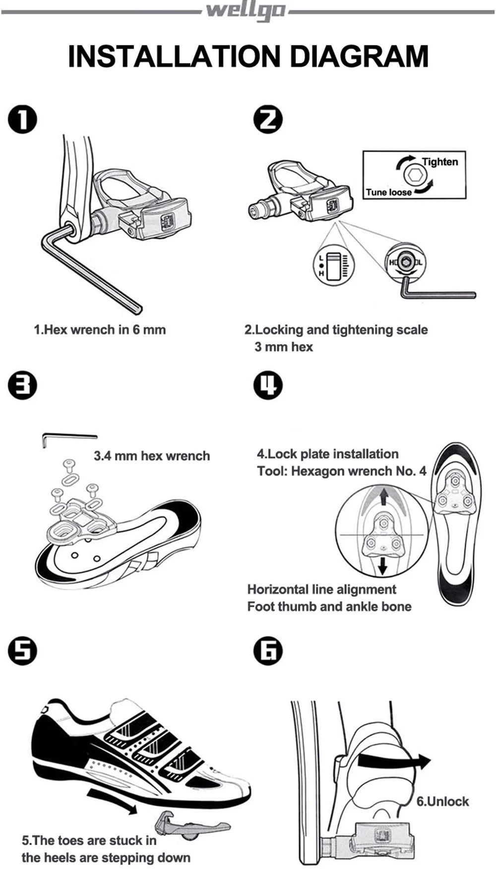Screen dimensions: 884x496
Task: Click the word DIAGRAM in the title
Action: click(359, 56)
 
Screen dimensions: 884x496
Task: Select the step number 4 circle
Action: click(268, 385)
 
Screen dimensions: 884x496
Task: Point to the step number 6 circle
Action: click(268, 650)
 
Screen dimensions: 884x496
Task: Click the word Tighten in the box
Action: click(440, 162)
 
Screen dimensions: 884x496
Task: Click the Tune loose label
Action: click(388, 192)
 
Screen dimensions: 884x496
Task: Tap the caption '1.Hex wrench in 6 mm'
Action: click(100, 330)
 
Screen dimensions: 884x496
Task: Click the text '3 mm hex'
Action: click(284, 347)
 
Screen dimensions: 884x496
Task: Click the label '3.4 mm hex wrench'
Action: click(152, 456)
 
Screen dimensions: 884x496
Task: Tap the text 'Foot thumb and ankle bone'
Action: click(329, 606)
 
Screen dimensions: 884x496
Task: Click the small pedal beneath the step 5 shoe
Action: click(191, 825)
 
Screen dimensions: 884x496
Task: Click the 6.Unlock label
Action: click(442, 801)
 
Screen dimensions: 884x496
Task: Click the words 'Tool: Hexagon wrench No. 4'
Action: click(341, 471)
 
